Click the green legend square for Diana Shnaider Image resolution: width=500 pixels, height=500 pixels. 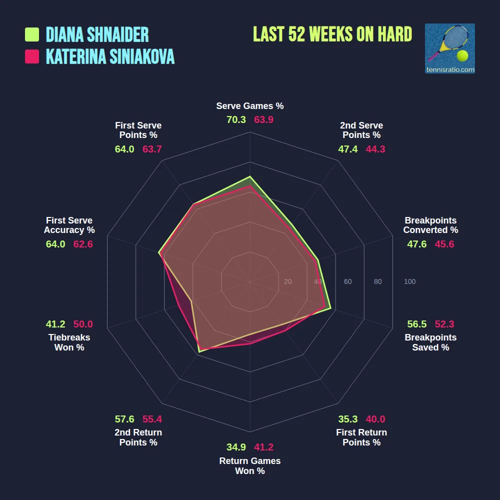tap(32, 34)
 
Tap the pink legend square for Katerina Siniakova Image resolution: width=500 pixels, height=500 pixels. tap(32, 56)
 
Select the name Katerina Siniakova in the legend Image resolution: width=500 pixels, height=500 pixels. tap(110, 56)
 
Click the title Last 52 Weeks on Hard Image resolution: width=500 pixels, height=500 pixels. tap(332, 34)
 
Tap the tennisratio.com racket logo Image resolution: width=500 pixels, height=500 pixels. tap(449, 48)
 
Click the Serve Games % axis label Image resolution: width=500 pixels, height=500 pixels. tap(250, 106)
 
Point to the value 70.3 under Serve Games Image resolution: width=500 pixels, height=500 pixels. tap(236, 120)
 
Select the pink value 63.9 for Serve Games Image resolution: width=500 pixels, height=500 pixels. tap(264, 120)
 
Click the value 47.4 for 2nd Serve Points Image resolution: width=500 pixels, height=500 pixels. tap(348, 149)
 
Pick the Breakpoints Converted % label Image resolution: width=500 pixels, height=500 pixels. tap(430, 225)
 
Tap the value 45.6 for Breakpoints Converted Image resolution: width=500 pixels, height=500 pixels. tap(444, 244)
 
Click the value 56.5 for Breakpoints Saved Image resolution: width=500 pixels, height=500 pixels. tap(417, 324)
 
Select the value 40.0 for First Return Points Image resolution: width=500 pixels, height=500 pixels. tap(375, 419)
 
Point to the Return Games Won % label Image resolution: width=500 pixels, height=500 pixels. tap(250, 466)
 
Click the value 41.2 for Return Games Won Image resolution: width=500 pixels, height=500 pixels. tap(264, 447)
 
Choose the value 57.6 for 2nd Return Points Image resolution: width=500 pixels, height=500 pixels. tap(124, 419)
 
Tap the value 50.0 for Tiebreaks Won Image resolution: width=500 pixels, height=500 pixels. tap(83, 324)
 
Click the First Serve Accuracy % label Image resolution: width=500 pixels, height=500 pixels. tap(69, 225)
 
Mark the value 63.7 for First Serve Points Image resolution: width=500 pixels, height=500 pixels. tap(152, 149)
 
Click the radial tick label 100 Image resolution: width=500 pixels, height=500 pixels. tap(409, 282)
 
